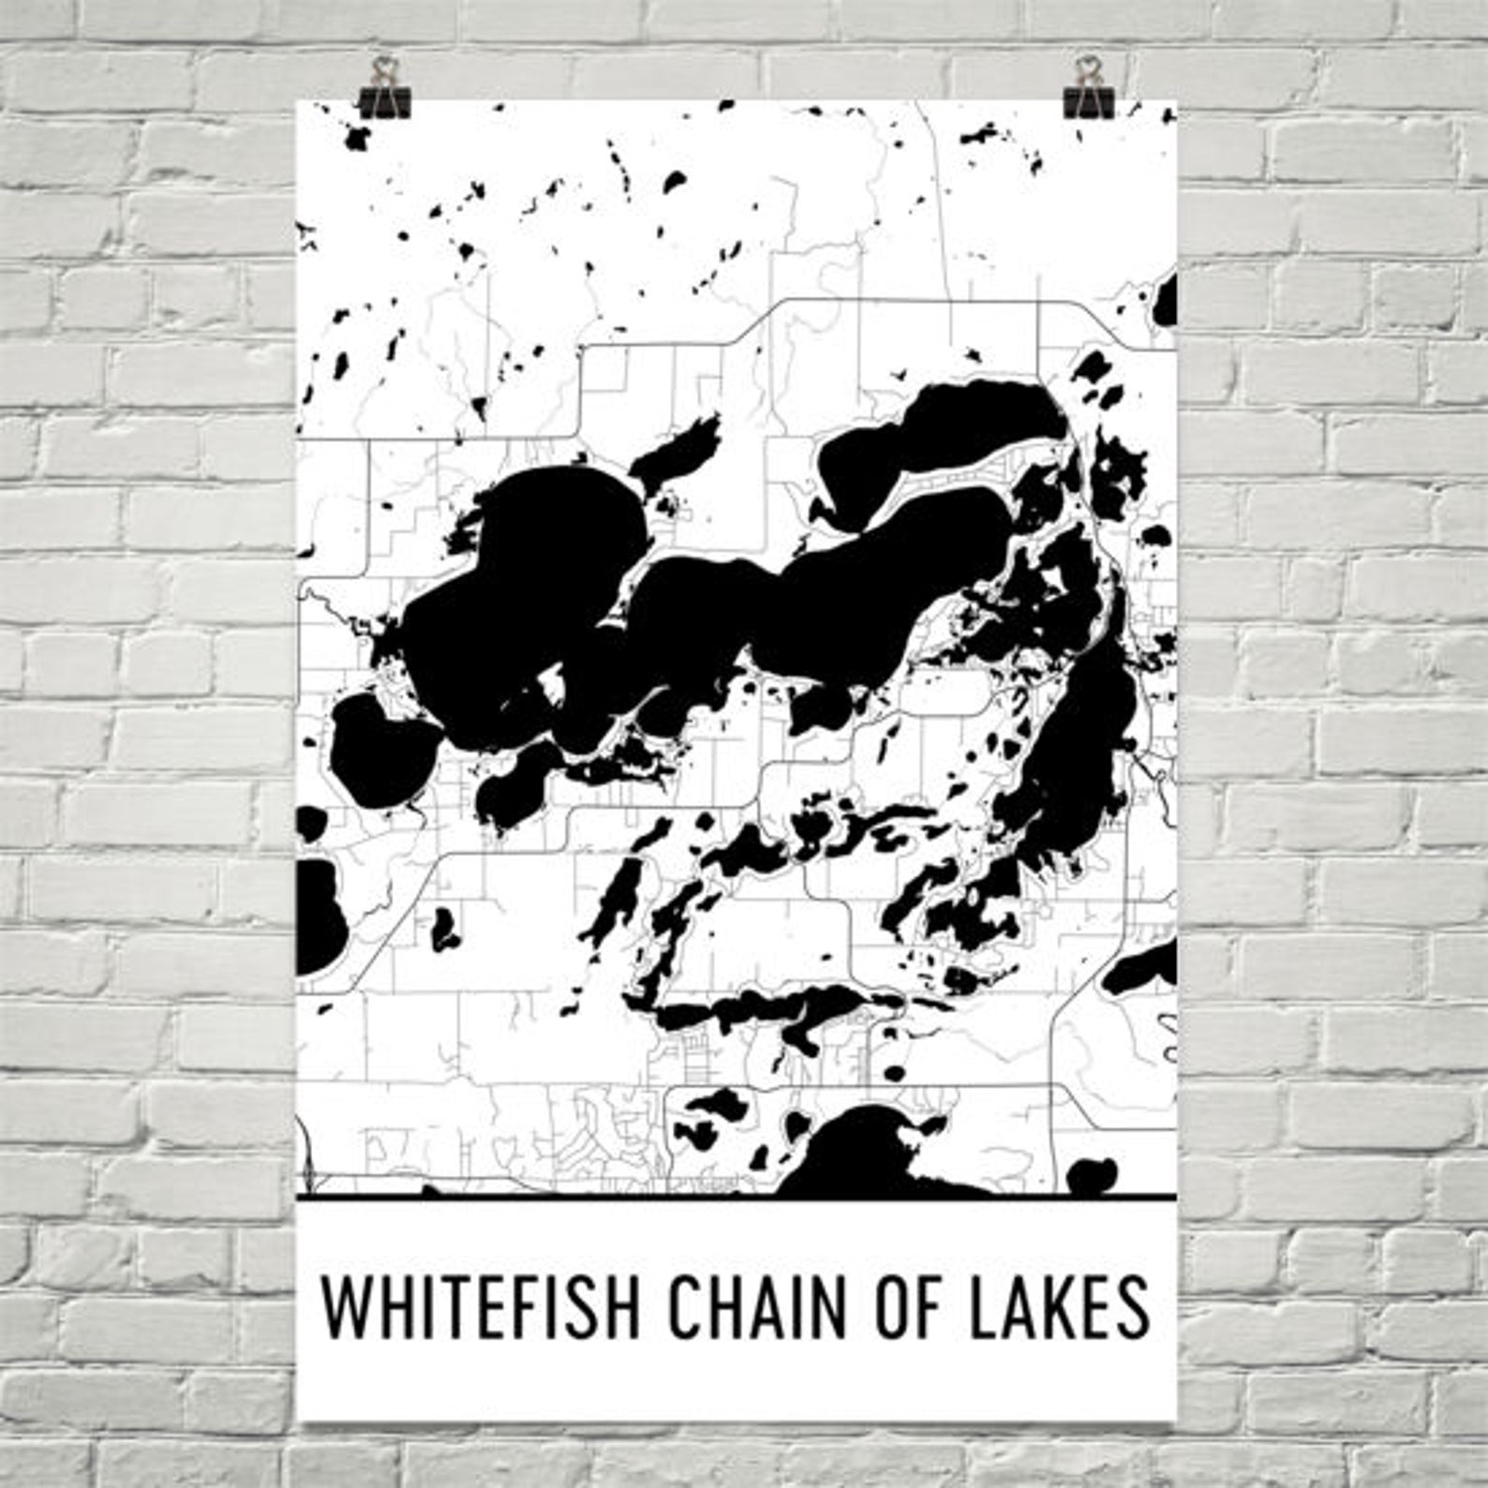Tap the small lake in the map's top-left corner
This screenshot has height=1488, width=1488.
pos(358,139)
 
